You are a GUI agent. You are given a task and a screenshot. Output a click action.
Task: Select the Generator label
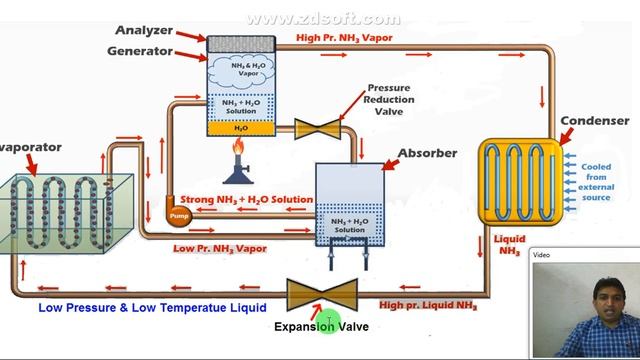pos(143,51)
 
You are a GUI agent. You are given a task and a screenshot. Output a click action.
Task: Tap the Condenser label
pos(594,122)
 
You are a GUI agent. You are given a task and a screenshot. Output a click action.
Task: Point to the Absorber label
pos(428,153)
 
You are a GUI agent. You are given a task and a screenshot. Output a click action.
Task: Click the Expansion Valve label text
pos(321,326)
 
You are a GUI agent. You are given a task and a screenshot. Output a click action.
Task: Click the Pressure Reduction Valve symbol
pos(318,128)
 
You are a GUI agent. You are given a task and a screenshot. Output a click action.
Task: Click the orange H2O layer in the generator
pos(241,128)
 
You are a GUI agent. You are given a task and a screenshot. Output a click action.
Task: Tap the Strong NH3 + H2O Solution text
pos(246,200)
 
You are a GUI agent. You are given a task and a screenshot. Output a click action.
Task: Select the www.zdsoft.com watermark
pos(322,19)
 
